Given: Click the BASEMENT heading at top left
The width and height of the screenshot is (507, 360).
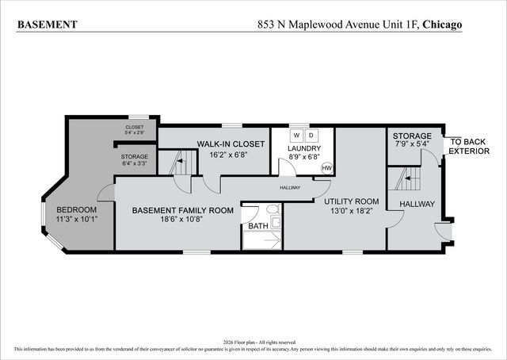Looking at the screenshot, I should [48, 25].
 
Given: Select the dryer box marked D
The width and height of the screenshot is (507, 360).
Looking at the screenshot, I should [312, 135].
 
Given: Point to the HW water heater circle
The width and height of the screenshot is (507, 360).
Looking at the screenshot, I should [326, 167].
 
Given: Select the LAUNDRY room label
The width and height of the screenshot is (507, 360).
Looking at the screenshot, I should [304, 148].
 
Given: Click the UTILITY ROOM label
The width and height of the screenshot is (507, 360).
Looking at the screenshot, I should [353, 202].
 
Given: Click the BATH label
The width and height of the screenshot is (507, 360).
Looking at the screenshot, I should [258, 226].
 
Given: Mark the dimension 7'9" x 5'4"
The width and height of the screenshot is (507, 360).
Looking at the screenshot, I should [412, 145].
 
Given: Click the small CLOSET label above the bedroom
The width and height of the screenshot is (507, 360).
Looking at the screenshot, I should [135, 128].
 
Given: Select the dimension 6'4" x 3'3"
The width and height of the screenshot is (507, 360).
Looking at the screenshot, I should [135, 166].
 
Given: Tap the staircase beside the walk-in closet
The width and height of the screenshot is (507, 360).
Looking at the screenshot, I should [178, 165].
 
